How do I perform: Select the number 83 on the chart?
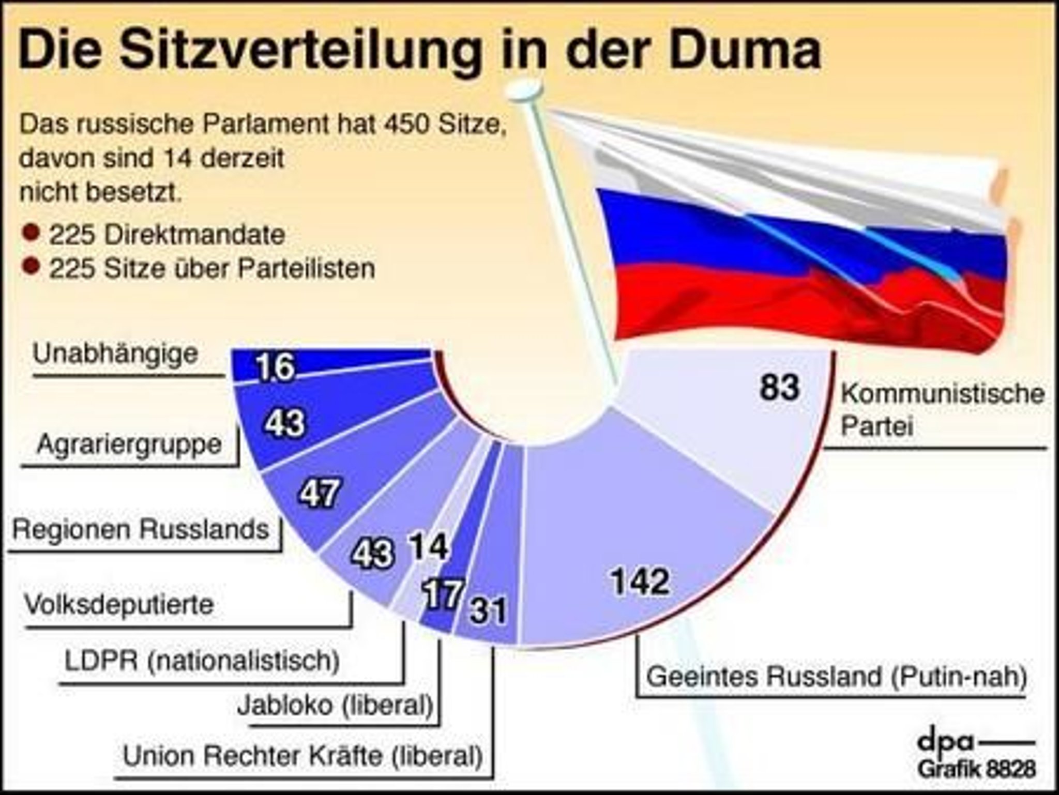tap(779, 387)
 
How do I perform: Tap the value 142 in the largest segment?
tap(640, 581)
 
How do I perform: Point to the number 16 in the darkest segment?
tap(275, 366)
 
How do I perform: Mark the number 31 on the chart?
tap(488, 610)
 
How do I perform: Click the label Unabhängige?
tap(115, 355)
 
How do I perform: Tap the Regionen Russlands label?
tap(141, 529)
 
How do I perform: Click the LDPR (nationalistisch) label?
tap(202, 661)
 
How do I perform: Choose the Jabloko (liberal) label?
tap(335, 706)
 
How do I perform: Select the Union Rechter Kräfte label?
tap(303, 756)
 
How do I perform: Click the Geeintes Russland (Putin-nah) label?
tap(837, 677)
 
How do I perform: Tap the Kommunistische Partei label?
tap(943, 410)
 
